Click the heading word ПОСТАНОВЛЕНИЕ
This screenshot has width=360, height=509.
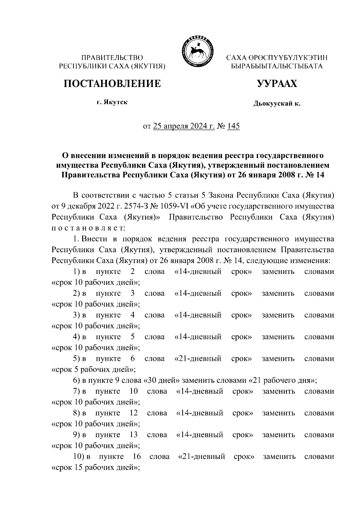click(x=112, y=84)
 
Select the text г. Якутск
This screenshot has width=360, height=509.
click(x=112, y=103)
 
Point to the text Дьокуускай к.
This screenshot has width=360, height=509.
click(x=277, y=104)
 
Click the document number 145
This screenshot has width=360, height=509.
click(x=233, y=126)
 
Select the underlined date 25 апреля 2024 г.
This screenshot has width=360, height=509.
click(x=184, y=126)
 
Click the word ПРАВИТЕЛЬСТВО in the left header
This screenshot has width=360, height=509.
click(x=112, y=58)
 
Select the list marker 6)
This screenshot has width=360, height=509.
click(x=76, y=381)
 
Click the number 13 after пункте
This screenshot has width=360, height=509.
click(x=133, y=435)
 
